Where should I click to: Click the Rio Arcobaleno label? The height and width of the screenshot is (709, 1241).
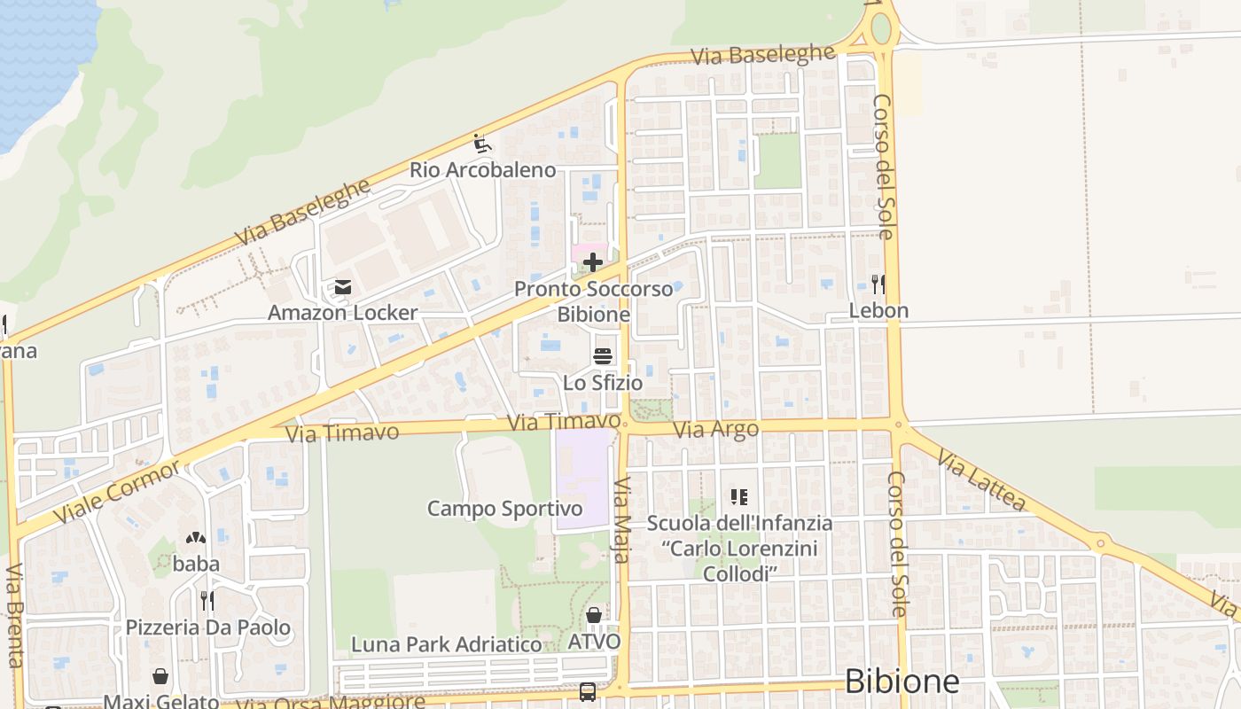482,169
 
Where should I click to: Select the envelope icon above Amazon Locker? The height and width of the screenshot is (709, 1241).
342,287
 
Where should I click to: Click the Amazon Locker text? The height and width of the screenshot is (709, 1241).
342,312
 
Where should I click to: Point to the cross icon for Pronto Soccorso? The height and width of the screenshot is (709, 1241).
593,262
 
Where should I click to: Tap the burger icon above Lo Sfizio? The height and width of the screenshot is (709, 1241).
603,356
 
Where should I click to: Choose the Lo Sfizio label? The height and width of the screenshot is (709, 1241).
603,383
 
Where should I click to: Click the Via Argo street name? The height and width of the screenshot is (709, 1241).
716,430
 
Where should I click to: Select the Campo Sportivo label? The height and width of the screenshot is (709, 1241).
505,509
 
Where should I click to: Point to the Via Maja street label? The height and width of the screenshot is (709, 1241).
621,520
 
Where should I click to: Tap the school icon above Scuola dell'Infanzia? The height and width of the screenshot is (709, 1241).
739,497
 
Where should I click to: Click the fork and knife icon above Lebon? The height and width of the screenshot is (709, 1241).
878,284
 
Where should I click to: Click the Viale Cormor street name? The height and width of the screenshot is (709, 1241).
117,492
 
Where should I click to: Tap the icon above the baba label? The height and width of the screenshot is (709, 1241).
196,537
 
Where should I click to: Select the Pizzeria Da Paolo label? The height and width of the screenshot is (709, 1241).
207,627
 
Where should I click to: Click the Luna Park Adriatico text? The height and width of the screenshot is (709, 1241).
446,644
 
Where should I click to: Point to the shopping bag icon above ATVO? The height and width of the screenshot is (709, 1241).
594,615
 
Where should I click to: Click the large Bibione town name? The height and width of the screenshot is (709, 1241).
901,681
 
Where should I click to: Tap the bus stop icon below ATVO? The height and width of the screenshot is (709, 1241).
588,692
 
